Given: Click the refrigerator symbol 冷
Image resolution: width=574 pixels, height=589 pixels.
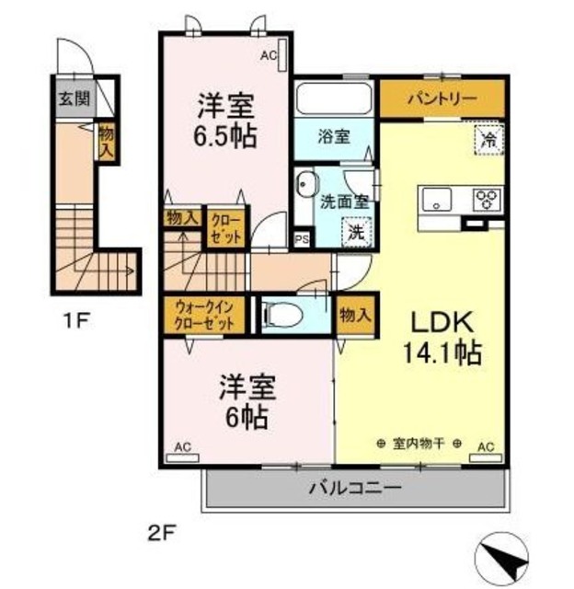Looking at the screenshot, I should (488, 140).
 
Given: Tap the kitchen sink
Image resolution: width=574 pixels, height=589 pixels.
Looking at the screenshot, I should (437, 198).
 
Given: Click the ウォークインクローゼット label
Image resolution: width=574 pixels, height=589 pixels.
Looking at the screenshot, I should (204, 316).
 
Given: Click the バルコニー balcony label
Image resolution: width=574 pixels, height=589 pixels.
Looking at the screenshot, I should (354, 487).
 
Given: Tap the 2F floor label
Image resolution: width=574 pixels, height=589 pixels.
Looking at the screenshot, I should (161, 531).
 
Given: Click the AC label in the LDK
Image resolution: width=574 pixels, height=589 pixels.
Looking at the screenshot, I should (486, 448).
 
